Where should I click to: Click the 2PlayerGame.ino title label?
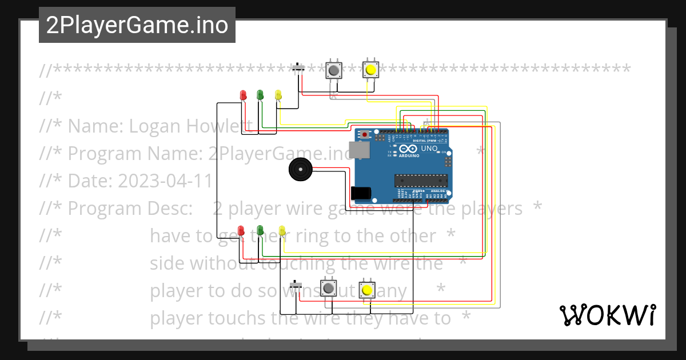137,25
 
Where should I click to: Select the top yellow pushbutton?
371,70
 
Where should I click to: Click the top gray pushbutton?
333,70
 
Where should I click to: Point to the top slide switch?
298,69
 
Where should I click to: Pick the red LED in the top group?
243,95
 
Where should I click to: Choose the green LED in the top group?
260,94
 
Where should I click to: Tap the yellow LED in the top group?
278,95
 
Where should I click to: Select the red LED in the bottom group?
241,230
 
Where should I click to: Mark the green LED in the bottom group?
260,230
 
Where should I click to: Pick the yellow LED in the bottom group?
281,230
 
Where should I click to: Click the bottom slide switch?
296,285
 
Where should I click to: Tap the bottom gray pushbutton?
328,289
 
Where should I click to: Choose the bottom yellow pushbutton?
366,290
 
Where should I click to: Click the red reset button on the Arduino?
365,135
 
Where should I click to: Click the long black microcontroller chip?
420,181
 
